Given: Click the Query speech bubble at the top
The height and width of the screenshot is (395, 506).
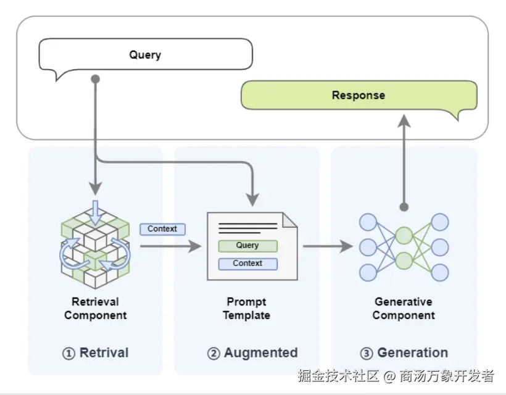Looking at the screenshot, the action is [x=146, y=54].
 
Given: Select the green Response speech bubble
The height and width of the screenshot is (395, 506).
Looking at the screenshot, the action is [x=359, y=95].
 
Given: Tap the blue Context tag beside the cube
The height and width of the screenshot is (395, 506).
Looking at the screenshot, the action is [x=163, y=229].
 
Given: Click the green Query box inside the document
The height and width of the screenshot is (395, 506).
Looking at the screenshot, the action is [x=247, y=246].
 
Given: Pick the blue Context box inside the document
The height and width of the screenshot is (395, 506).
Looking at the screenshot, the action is [x=247, y=264].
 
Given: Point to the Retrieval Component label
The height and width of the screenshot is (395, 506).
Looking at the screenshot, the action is [x=96, y=308].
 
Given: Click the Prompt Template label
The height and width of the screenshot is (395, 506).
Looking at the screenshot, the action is [x=247, y=308].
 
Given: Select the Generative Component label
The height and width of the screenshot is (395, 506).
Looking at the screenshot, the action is [x=404, y=308].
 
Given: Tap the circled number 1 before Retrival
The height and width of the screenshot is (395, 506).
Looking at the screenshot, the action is [x=68, y=354].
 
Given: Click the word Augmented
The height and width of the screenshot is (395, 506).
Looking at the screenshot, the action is [x=261, y=353].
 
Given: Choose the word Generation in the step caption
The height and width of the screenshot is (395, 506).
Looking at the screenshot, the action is [x=413, y=353].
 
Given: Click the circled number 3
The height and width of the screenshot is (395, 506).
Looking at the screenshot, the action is [x=367, y=354].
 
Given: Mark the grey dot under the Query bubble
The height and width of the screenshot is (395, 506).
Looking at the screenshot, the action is [x=96, y=79].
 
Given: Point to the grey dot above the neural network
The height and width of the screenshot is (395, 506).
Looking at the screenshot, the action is [x=404, y=207].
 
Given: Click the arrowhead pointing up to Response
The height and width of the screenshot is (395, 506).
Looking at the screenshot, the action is [x=404, y=120].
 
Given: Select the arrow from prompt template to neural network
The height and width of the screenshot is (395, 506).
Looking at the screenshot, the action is [x=328, y=246].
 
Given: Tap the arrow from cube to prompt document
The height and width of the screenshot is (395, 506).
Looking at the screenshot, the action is [x=171, y=246].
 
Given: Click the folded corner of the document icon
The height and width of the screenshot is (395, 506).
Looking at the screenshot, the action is [x=289, y=220].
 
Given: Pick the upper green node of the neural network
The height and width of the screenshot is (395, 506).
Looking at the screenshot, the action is [x=404, y=235].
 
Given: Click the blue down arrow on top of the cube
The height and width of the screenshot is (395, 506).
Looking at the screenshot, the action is [x=95, y=213].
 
